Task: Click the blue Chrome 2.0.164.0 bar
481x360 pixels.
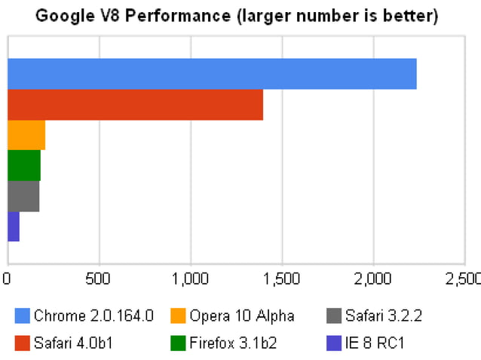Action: [x=212, y=74]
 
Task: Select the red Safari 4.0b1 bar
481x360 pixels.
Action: [x=135, y=104]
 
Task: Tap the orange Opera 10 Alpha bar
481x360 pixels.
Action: [x=26, y=135]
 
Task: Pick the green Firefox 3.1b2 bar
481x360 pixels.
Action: [x=23, y=165]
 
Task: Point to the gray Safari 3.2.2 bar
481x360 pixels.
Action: [x=23, y=196]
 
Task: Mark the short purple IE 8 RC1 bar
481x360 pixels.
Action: [x=13, y=226]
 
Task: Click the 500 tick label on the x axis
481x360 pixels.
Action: [x=99, y=278]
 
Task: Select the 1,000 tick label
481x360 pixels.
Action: [x=190, y=278]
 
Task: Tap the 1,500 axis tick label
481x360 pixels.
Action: [x=282, y=278]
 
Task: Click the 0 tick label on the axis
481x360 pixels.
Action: [x=7, y=278]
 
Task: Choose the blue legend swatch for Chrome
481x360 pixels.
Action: [x=22, y=316]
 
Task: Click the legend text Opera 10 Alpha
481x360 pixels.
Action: [x=241, y=316]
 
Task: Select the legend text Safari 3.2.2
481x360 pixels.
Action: [x=383, y=316]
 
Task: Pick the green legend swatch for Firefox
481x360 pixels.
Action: [x=178, y=343]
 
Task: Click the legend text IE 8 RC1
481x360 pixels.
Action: [x=375, y=343]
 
